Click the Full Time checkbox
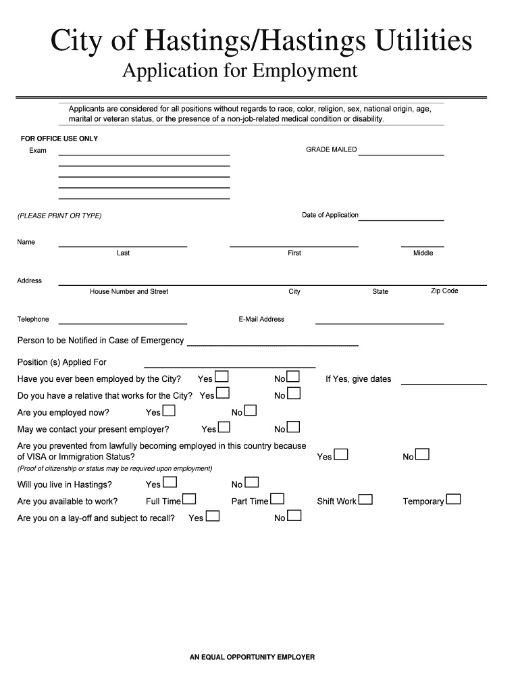tap(189, 499)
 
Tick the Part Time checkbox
tap(277, 499)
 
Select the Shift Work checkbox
tap(365, 499)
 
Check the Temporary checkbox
tap(453, 499)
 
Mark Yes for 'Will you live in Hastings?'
tap(170, 483)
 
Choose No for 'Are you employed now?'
tap(250, 410)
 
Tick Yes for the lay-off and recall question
tap(212, 516)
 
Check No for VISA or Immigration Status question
tap(422, 455)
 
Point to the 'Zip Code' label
tap(444, 291)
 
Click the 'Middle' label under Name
tap(423, 253)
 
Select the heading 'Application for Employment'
tap(240, 71)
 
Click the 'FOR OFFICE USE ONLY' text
tap(59, 139)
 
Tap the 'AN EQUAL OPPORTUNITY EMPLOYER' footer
tap(253, 657)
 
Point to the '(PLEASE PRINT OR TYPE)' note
tap(59, 216)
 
